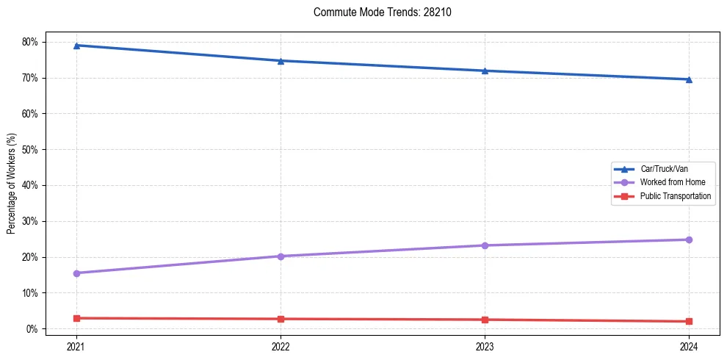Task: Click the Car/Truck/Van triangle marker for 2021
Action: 76,46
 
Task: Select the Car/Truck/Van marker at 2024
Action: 689,79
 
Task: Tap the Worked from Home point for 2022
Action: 281,256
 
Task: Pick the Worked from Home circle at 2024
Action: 689,240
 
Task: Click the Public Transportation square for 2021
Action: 76,318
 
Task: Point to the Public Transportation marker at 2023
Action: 485,320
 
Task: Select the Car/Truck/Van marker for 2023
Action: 485,71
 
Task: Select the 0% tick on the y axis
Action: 32,329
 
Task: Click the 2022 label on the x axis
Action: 281,345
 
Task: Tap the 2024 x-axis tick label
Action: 689,345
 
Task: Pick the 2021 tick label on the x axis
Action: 76,345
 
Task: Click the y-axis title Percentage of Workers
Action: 11,184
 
